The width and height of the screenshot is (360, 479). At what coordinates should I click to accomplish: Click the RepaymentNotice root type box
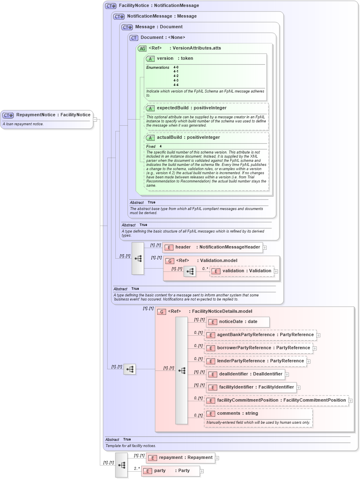click(x=47, y=115)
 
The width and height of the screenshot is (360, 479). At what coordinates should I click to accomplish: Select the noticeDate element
click(x=238, y=322)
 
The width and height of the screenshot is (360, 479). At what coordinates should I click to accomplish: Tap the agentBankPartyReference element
click(x=260, y=335)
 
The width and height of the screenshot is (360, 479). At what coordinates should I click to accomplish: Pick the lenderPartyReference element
click(x=255, y=361)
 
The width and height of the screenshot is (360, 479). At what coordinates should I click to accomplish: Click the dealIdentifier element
click(x=245, y=374)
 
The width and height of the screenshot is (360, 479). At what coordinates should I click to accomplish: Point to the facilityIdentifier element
click(x=251, y=387)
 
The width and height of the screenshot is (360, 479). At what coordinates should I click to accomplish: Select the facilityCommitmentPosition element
click(x=276, y=400)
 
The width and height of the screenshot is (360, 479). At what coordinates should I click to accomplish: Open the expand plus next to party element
click(x=202, y=471)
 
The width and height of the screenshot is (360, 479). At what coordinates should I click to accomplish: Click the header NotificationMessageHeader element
click(x=213, y=247)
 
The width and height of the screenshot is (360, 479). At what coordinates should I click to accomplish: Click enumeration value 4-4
click(x=176, y=85)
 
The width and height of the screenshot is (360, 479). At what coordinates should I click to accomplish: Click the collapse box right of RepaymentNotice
click(x=95, y=120)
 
